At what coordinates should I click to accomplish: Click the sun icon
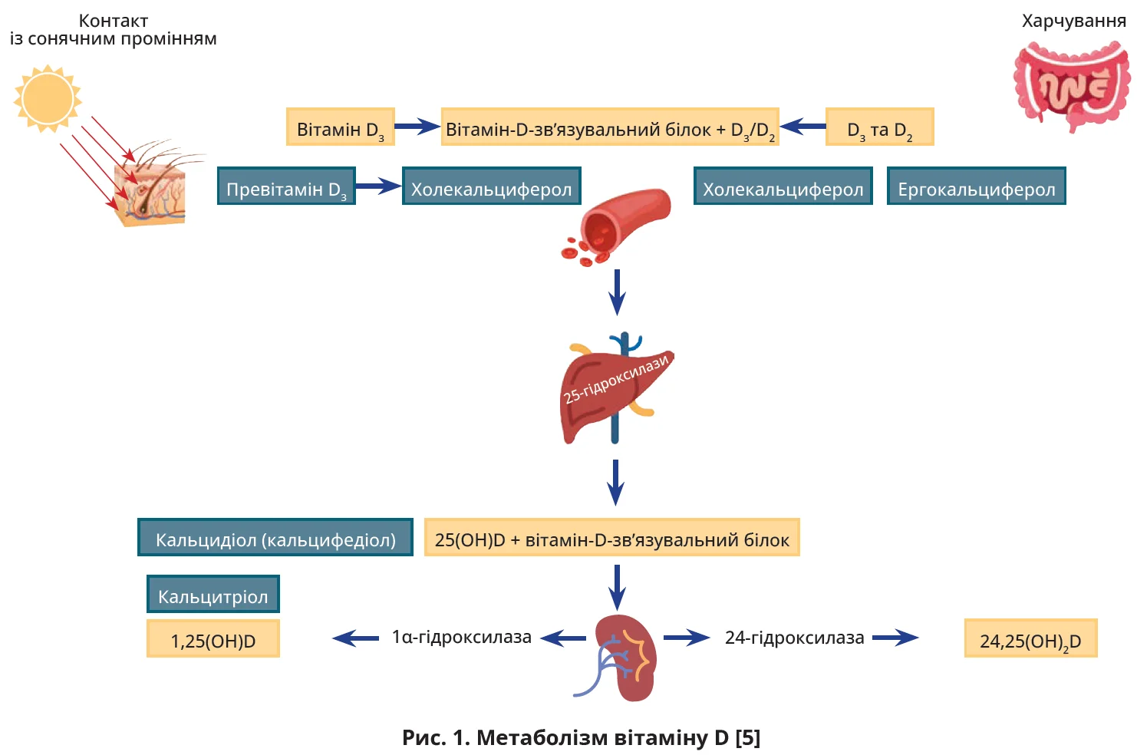[48, 98]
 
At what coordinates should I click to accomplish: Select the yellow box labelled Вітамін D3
[340, 127]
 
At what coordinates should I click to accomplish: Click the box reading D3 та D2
[879, 127]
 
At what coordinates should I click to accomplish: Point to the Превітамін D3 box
[286, 186]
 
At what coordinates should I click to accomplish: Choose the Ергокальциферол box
[976, 186]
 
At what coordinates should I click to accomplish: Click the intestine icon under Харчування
[1072, 86]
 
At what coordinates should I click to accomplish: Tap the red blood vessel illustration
[621, 223]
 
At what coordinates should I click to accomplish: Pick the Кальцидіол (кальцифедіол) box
[275, 538]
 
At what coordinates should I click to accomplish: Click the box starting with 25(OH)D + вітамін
[611, 538]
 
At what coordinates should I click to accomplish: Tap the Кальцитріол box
[213, 595]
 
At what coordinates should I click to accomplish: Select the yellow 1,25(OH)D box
[213, 639]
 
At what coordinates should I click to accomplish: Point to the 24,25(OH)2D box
[1030, 639]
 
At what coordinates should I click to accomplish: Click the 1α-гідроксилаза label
[461, 638]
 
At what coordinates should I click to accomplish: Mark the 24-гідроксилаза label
[794, 638]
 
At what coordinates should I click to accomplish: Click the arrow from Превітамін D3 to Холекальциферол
[378, 186]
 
